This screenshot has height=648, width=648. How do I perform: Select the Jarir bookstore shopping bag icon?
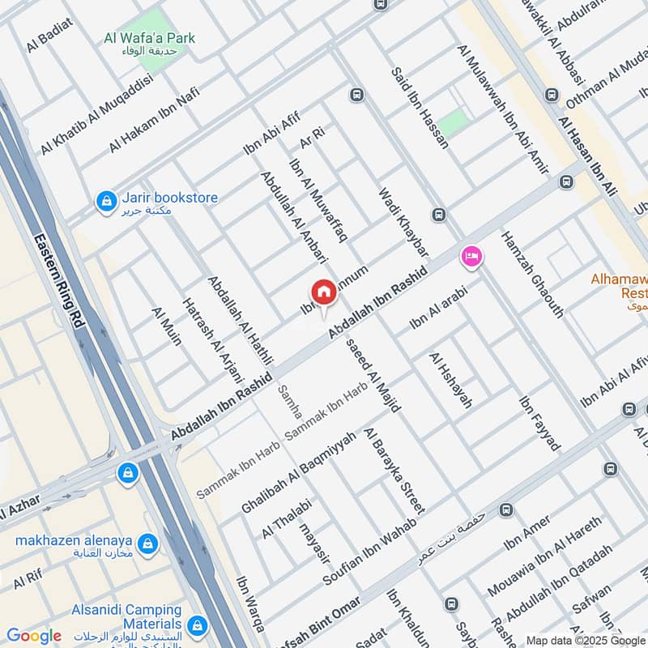click(x=105, y=201)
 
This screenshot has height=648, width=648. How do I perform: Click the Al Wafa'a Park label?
click(x=150, y=38)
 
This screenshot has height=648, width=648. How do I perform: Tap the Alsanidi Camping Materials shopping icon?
click(x=196, y=625)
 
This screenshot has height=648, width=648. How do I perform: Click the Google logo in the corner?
click(x=33, y=636)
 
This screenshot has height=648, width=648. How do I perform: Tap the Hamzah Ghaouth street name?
click(x=532, y=274)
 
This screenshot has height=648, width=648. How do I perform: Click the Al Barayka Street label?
click(x=394, y=471)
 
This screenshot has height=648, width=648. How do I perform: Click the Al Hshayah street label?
click(x=450, y=380)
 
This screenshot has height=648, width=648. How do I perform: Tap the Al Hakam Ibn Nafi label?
click(x=155, y=121)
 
